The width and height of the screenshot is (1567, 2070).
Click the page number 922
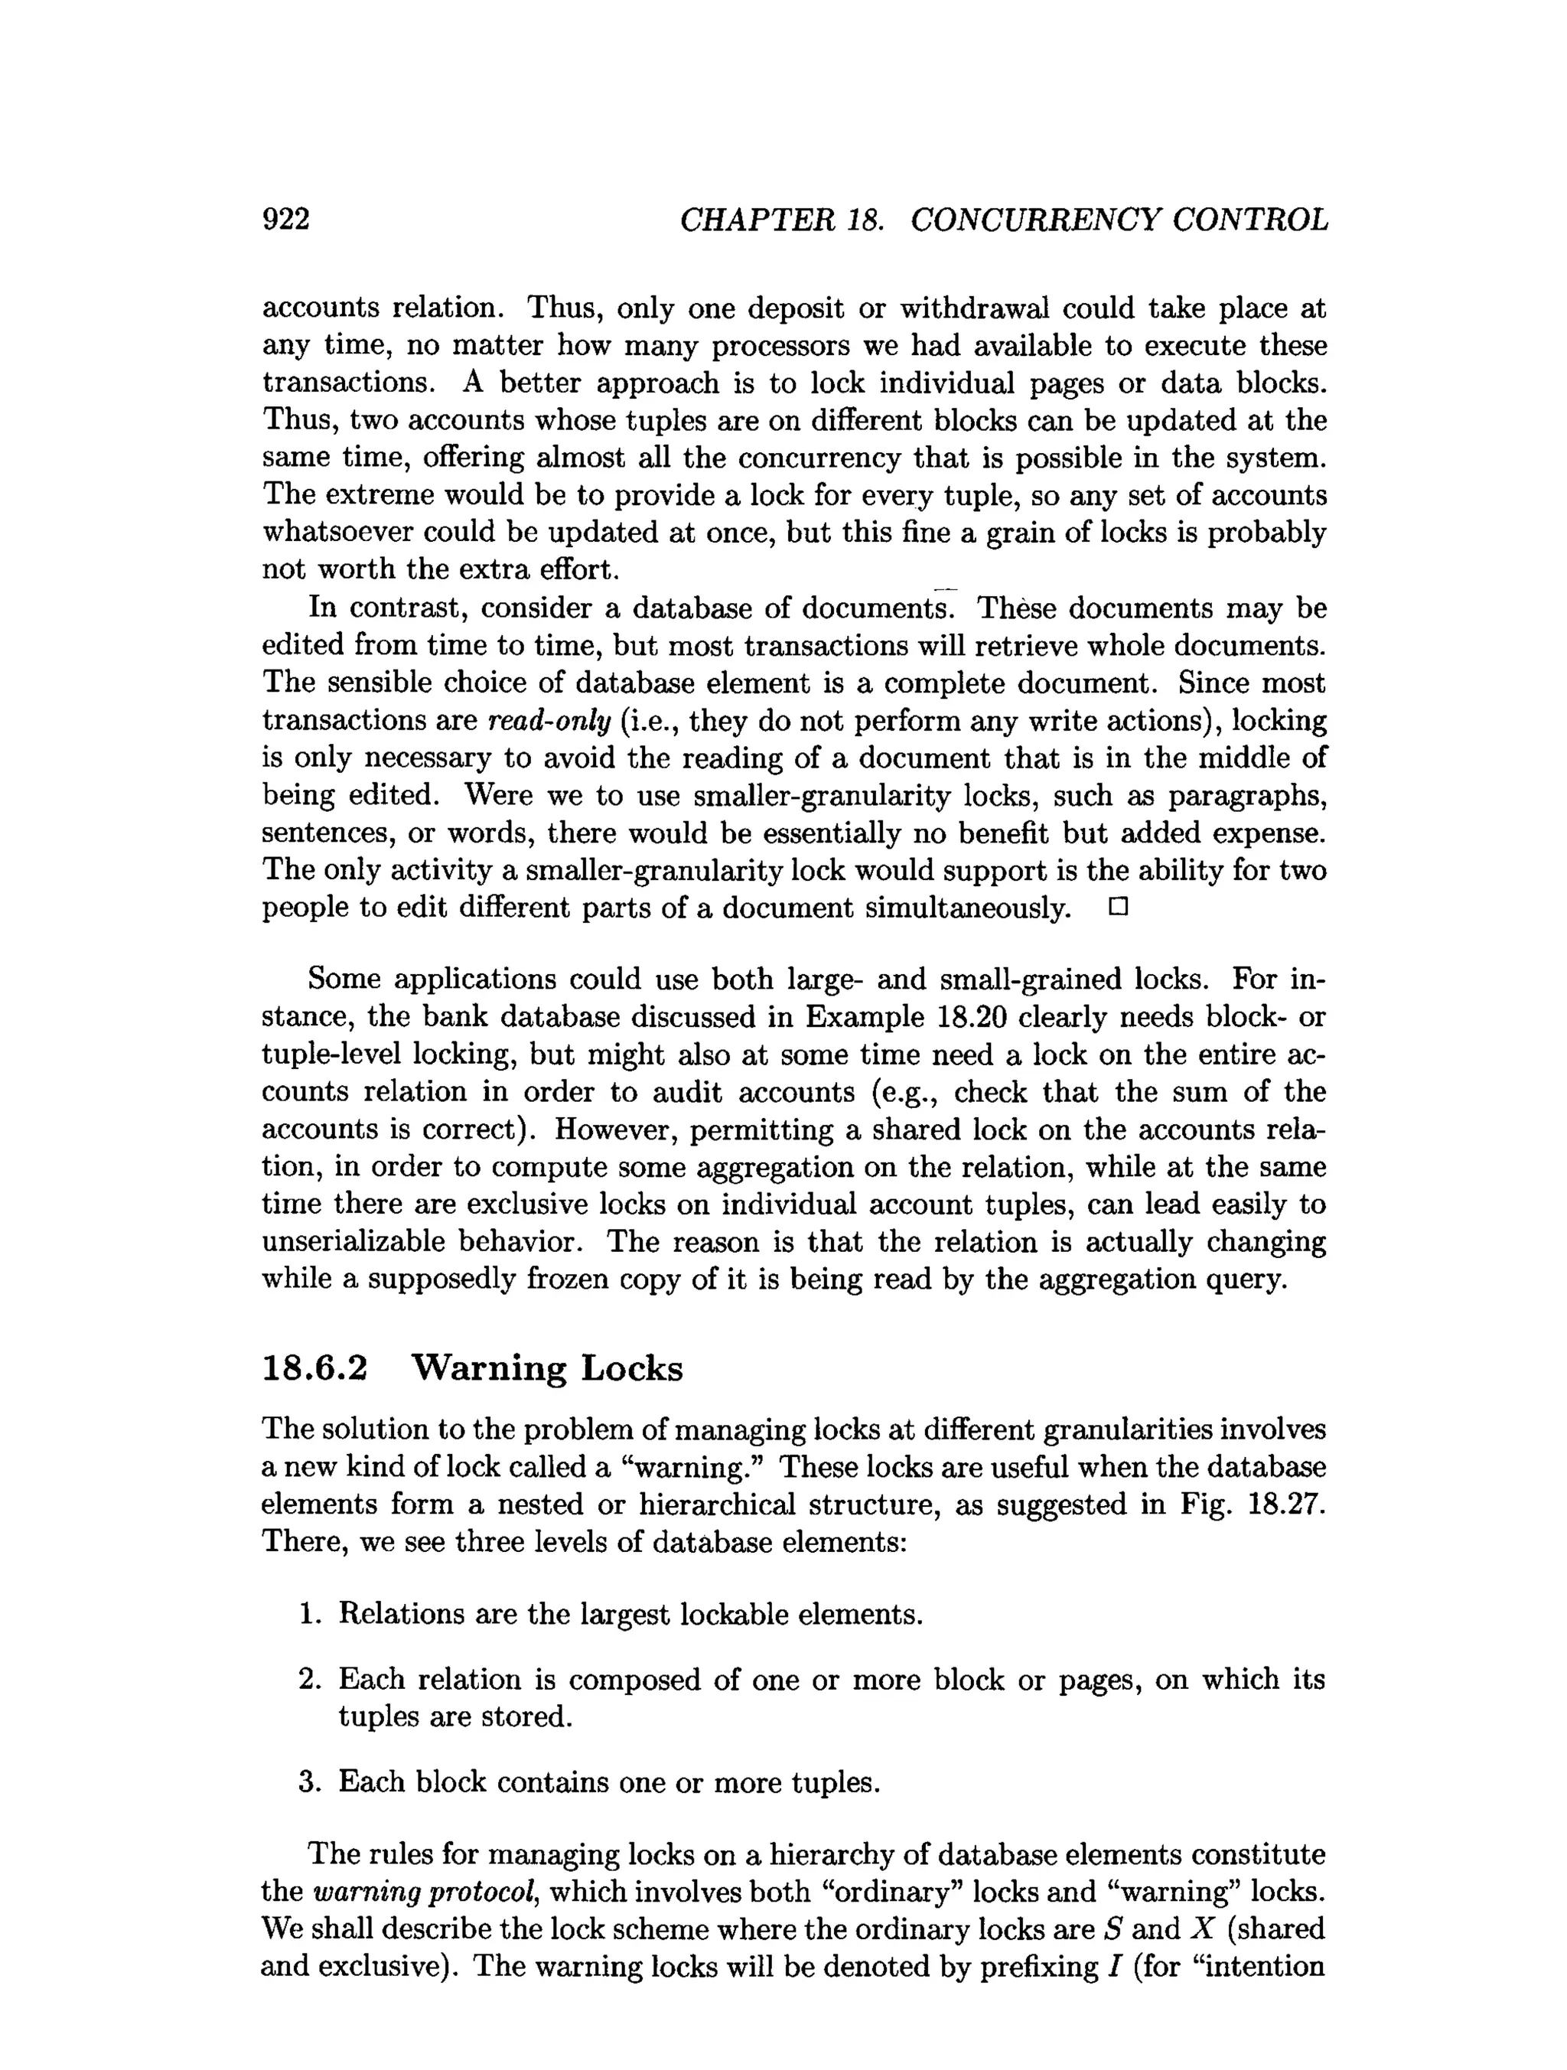click(285, 219)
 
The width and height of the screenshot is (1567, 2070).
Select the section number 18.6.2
click(314, 1368)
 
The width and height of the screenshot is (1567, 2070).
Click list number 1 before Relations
click(310, 1614)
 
